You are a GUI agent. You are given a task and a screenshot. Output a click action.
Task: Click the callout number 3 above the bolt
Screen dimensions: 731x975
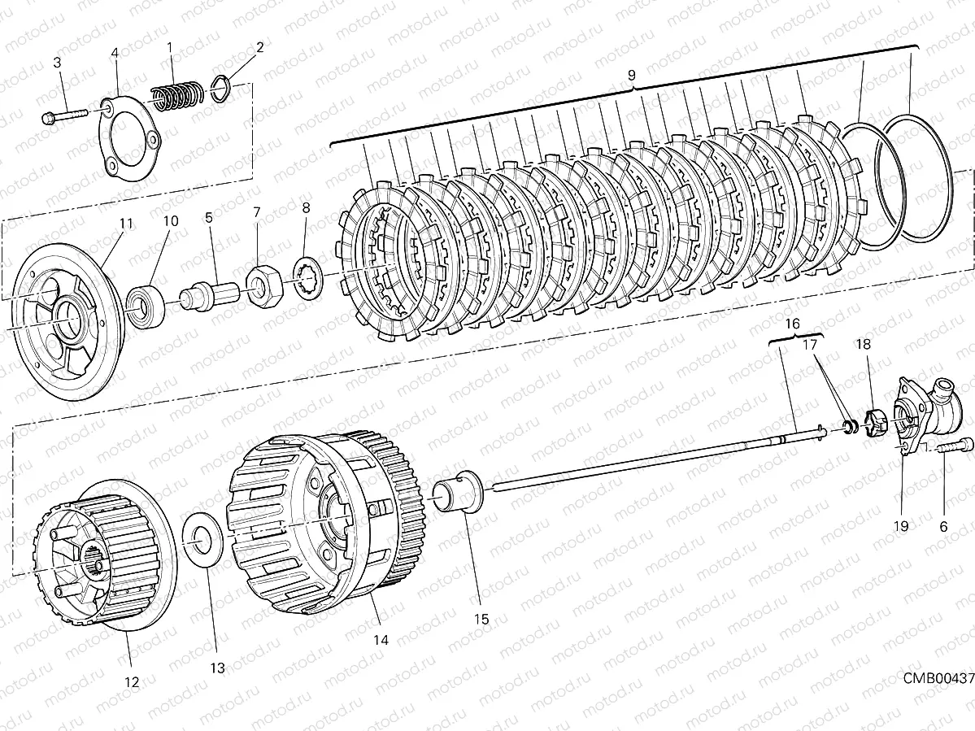tap(58, 63)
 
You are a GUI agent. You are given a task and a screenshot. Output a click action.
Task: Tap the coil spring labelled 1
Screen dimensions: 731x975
tap(178, 94)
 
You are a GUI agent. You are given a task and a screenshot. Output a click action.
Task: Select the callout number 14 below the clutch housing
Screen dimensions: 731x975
tap(381, 639)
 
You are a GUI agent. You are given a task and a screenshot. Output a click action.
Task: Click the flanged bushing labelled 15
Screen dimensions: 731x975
tap(459, 494)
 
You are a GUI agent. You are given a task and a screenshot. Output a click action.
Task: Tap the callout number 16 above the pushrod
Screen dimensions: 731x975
tap(793, 323)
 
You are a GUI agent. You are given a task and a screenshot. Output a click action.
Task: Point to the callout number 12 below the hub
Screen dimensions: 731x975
tap(131, 682)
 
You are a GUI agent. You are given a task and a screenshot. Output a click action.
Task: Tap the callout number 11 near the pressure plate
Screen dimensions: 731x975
tap(125, 222)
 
